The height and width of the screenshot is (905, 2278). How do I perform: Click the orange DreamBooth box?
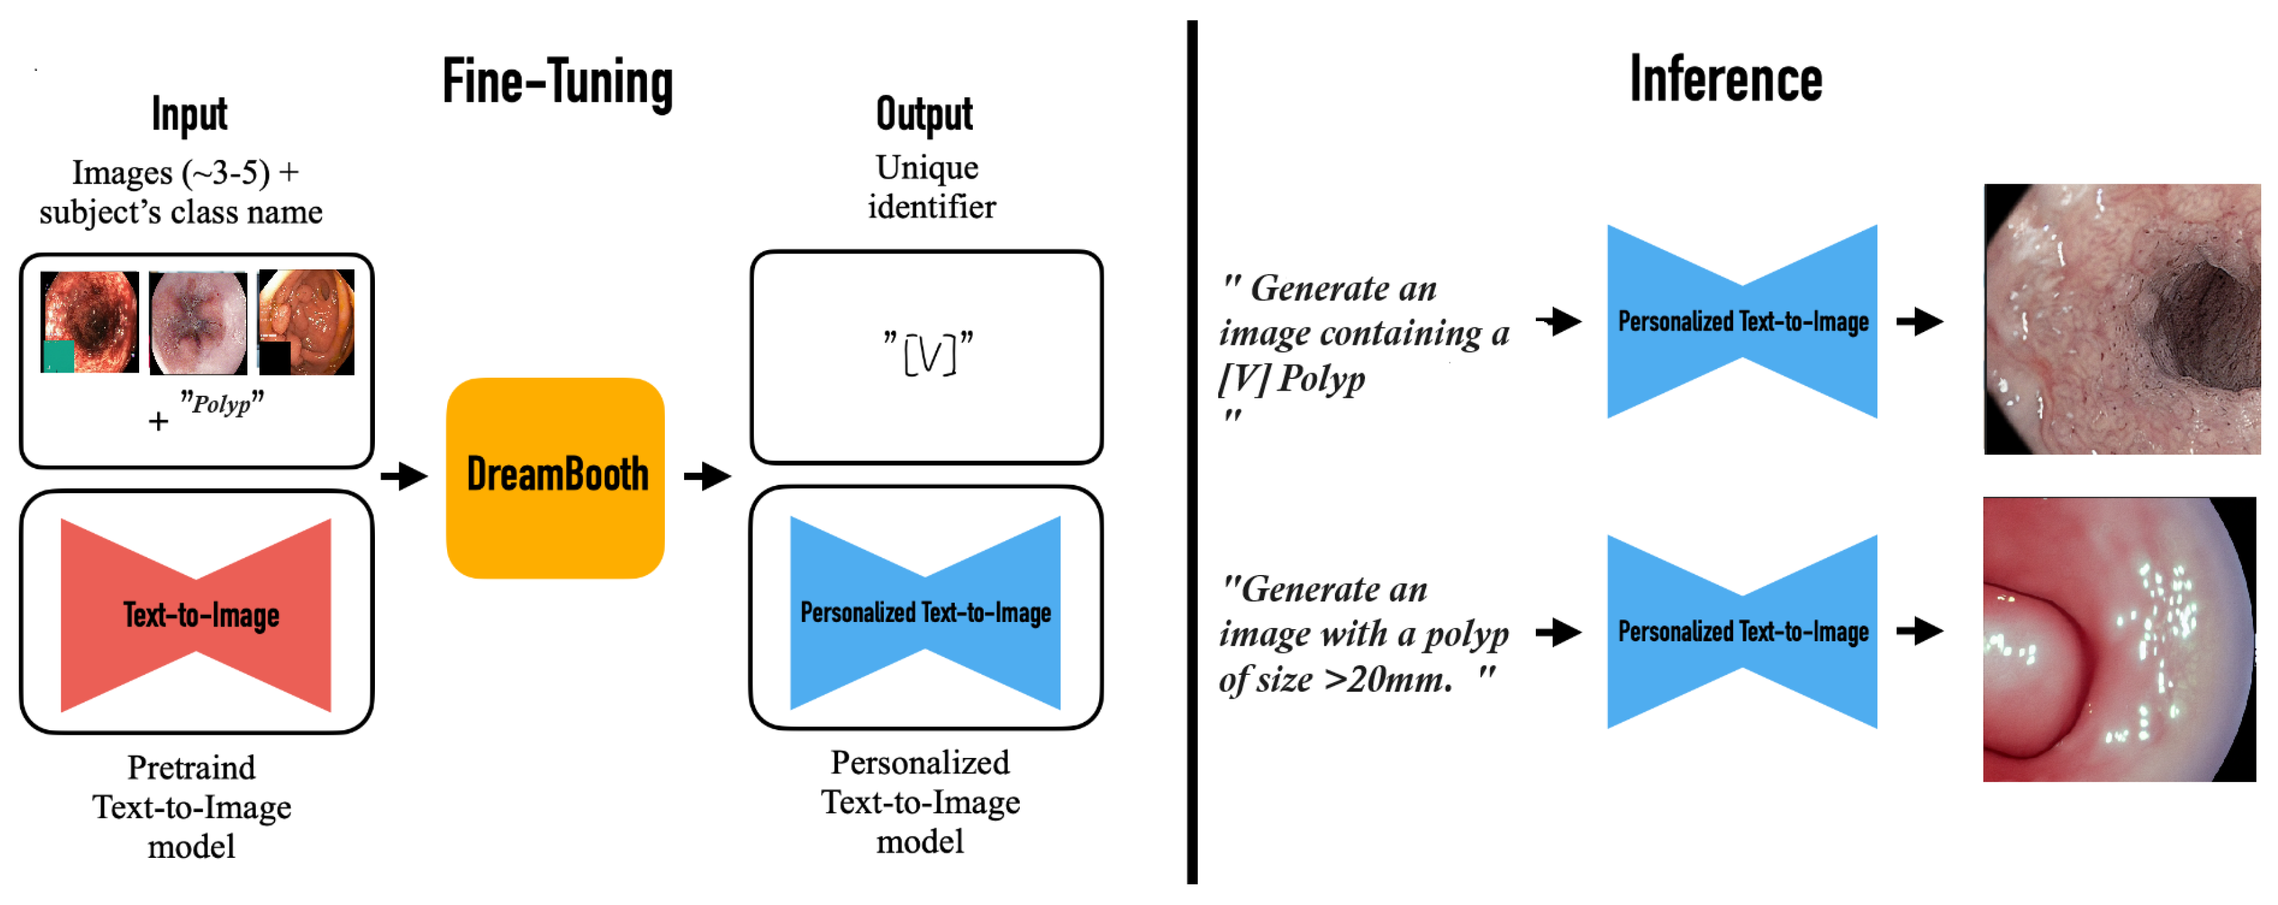pyautogui.click(x=555, y=478)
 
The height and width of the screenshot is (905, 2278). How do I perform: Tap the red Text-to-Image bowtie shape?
pyautogui.click(x=196, y=615)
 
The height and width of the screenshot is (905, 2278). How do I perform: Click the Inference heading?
pyautogui.click(x=1725, y=80)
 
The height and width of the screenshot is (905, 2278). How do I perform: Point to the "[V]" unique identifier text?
pyautogui.click(x=928, y=353)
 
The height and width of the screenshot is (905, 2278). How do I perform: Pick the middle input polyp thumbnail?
pyautogui.click(x=197, y=323)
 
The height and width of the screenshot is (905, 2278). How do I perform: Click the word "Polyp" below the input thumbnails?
pyautogui.click(x=221, y=404)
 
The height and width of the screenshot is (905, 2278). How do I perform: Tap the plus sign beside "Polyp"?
pyautogui.click(x=158, y=421)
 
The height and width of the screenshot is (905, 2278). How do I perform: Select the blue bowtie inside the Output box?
pyautogui.click(x=925, y=612)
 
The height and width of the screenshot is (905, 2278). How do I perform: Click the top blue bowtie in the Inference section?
pyautogui.click(x=1742, y=321)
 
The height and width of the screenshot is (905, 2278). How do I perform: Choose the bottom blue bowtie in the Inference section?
pyautogui.click(x=1742, y=632)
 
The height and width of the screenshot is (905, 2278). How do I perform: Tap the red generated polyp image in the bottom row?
pyautogui.click(x=2119, y=639)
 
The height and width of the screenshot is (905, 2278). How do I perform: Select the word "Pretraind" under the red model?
pyautogui.click(x=191, y=767)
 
